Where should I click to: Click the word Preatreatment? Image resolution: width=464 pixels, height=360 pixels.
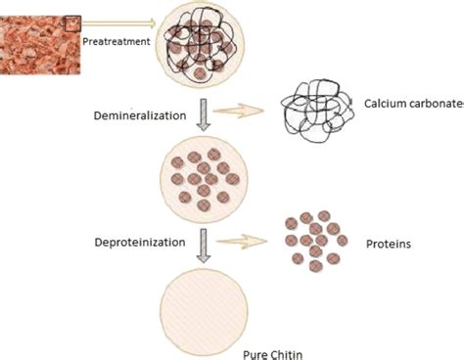pos(116,42)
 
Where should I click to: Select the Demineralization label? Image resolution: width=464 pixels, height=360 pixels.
pos(140,115)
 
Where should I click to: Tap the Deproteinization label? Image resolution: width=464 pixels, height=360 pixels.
pos(140,243)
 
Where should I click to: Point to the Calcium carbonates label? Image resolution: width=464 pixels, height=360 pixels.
pos(414,104)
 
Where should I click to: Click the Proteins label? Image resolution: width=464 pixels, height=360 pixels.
pos(389,244)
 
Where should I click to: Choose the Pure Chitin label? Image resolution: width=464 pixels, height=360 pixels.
pos(273,354)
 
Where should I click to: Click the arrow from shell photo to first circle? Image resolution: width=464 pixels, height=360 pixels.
pos(118,23)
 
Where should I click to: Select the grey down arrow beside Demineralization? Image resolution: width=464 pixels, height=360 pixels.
pos(204,114)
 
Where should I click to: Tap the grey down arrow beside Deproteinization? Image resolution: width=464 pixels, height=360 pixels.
pos(204,246)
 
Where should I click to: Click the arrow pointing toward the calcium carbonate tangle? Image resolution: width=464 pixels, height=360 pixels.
pos(238,111)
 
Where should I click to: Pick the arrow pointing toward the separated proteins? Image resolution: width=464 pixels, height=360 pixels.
pos(242,242)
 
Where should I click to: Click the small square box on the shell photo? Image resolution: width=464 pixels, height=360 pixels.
pos(72,23)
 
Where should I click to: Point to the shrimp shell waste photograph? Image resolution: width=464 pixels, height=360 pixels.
pos(40,45)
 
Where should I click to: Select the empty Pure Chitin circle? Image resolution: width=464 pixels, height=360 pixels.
pos(204,312)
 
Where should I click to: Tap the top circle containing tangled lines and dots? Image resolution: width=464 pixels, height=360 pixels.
pos(200,43)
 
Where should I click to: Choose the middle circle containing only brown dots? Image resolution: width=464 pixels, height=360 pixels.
pos(204,180)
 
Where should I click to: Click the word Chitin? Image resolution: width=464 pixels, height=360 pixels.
pos(287,354)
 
